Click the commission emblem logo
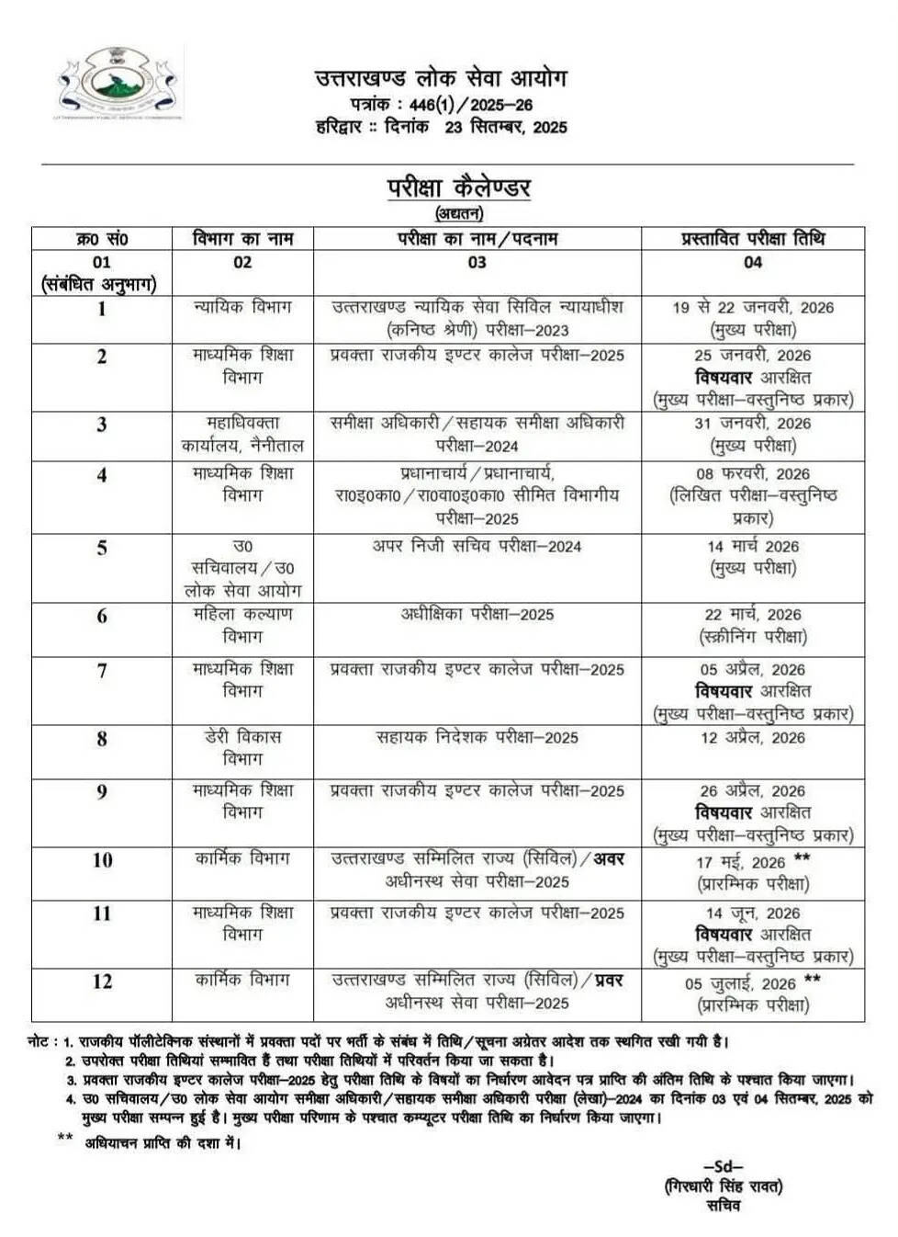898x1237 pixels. coord(118,85)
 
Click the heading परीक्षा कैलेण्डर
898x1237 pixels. coord(458,187)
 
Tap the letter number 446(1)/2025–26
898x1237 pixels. coord(471,105)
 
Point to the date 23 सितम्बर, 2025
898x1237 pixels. coord(506,127)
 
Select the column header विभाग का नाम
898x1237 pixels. coord(242,239)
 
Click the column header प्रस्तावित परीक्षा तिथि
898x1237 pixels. coord(752,239)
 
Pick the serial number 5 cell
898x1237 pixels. coord(102,548)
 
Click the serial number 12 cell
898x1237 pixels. coord(102,982)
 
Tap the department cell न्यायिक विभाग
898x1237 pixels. coord(242,307)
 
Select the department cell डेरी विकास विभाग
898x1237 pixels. coord(242,748)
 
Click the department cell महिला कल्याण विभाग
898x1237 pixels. coord(242,625)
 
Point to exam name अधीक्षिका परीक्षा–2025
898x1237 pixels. coord(477,614)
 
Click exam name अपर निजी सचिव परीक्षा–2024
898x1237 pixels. coord(477,546)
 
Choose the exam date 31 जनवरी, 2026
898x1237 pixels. coord(752,424)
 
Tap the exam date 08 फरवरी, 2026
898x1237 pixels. coord(752,474)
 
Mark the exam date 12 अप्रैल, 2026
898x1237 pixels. coord(752,738)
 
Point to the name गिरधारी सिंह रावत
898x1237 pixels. coord(724,1186)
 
